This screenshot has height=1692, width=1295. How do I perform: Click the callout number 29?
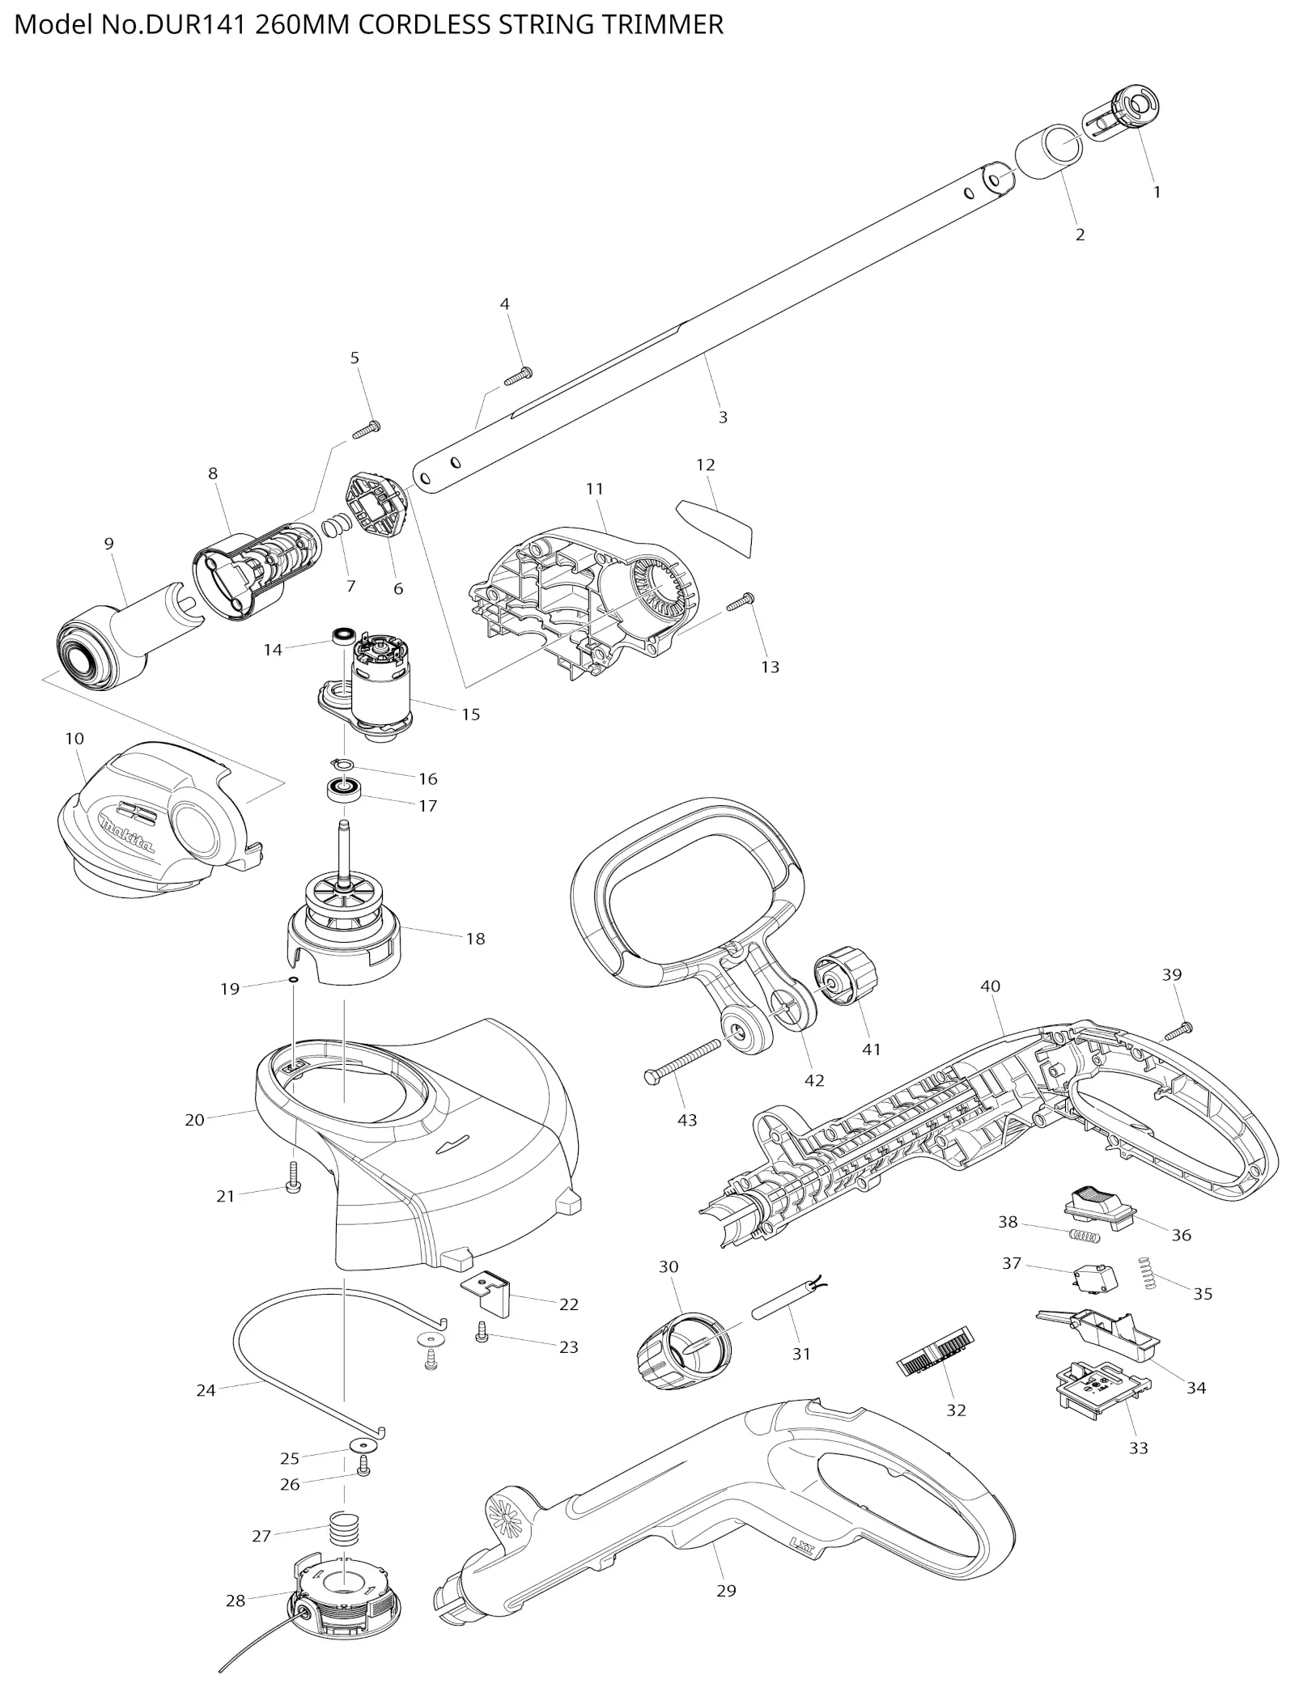point(726,1590)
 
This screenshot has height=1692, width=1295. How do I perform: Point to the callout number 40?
point(990,986)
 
